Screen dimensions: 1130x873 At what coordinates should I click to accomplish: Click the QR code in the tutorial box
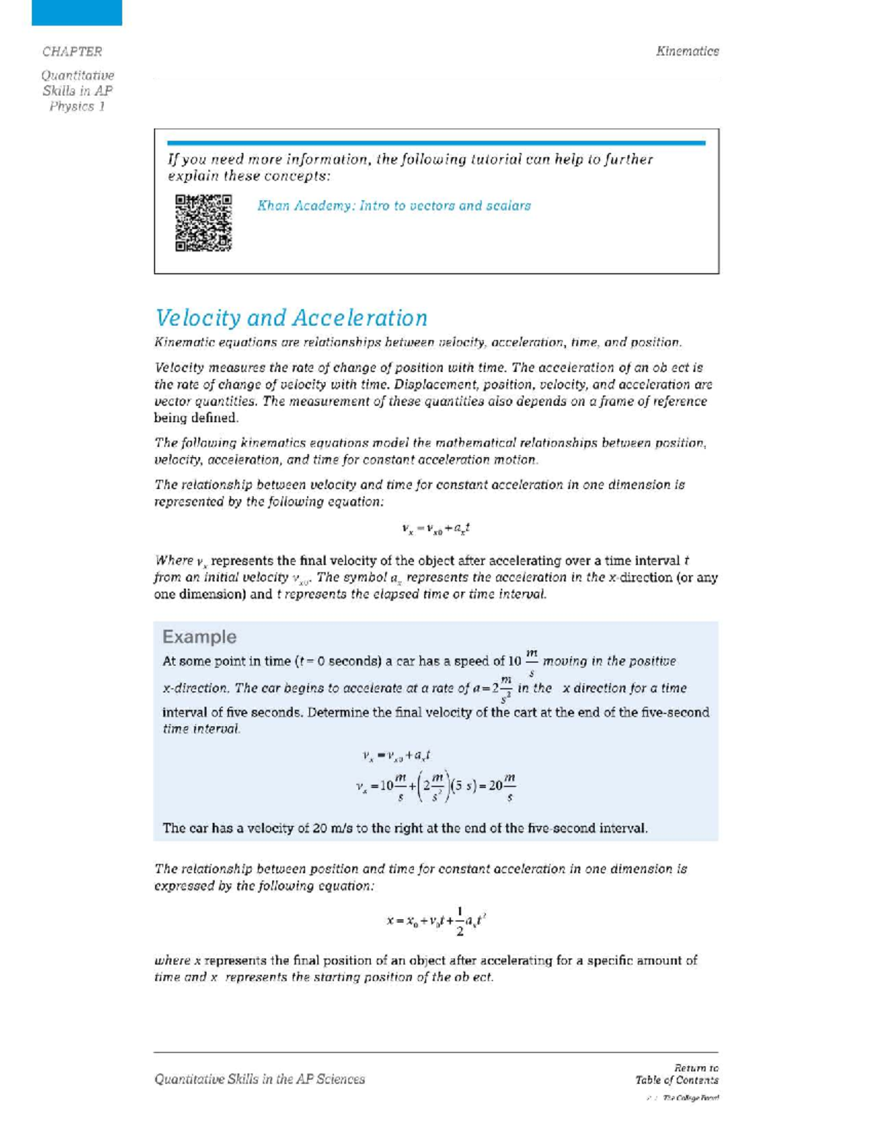[x=203, y=223]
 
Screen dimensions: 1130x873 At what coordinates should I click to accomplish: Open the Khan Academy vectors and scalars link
[x=394, y=206]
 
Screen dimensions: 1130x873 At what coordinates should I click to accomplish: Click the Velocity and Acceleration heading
[x=291, y=318]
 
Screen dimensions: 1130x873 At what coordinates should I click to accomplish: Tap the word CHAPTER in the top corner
[x=72, y=52]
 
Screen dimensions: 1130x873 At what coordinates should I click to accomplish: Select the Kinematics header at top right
[x=687, y=51]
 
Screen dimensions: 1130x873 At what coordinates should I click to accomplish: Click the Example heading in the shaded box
[x=199, y=637]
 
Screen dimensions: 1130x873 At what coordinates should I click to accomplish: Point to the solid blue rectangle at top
[x=76, y=12]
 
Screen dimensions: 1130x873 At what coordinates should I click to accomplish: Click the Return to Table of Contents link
[x=677, y=1074]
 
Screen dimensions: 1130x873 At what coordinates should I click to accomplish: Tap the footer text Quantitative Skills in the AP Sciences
[x=259, y=1079]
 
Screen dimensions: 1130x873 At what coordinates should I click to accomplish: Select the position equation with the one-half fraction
[x=436, y=921]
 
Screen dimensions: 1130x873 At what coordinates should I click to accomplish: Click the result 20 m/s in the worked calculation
[x=502, y=787]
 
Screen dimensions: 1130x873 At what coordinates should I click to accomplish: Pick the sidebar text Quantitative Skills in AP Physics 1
[x=77, y=91]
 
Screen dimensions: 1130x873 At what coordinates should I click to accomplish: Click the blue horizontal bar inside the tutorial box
[x=436, y=143]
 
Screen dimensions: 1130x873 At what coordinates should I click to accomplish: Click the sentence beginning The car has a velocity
[x=404, y=828]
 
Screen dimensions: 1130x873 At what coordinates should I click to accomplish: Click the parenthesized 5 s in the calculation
[x=463, y=786]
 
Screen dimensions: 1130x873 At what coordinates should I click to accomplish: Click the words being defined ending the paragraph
[x=196, y=418]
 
